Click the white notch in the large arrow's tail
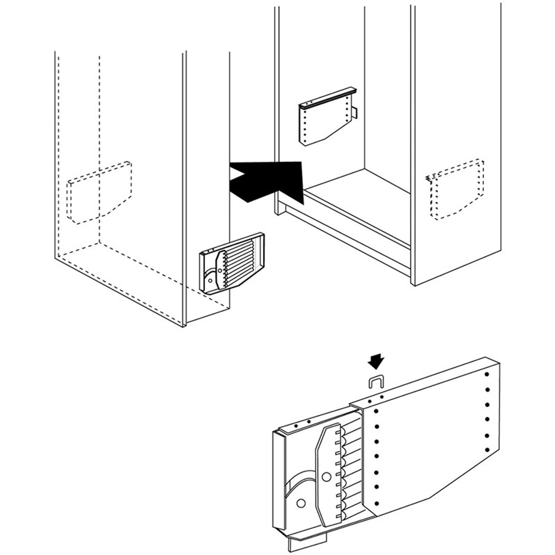coord(236,175)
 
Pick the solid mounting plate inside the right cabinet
coord(323,121)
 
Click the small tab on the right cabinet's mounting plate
coord(354,113)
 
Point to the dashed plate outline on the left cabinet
coord(100,193)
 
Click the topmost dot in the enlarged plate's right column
coord(487,374)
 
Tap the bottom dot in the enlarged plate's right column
coord(487,450)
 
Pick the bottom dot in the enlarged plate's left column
coord(376,503)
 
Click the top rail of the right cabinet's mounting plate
coord(327,98)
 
